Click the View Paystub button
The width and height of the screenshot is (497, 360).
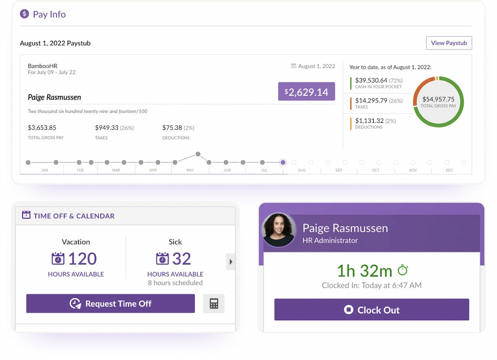[448, 43]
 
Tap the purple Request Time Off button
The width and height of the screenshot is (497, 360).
[110, 304]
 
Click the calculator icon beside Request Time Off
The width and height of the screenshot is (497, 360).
[214, 304]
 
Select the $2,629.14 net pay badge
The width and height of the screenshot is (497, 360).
[306, 91]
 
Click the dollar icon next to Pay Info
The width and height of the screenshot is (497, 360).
[24, 14]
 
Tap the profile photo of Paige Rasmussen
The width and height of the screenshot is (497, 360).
[279, 230]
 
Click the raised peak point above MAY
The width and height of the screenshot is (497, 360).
[198, 154]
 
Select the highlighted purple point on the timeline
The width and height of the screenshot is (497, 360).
[283, 162]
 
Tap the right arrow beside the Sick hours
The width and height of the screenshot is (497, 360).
[231, 262]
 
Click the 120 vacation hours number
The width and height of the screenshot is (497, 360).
[82, 258]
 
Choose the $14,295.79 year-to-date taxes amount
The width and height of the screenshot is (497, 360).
[371, 101]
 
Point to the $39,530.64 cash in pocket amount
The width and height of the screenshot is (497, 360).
[371, 80]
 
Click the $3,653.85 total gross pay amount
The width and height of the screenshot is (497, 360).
[42, 128]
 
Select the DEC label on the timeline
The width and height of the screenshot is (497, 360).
[449, 170]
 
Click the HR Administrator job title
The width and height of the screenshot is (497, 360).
[330, 240]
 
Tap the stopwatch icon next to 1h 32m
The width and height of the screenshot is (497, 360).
[402, 270]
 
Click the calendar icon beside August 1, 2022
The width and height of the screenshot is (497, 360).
[294, 66]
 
